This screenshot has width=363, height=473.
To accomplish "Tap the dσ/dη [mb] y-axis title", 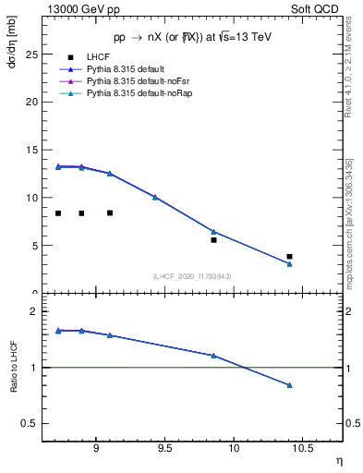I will [x=12, y=39].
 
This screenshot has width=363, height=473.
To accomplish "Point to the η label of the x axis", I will [x=339, y=460].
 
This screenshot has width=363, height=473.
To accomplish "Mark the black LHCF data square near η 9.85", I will [x=213, y=240].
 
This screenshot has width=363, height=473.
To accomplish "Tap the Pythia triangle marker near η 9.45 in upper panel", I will [x=155, y=197].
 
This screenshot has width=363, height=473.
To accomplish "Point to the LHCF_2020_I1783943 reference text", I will [x=192, y=276].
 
